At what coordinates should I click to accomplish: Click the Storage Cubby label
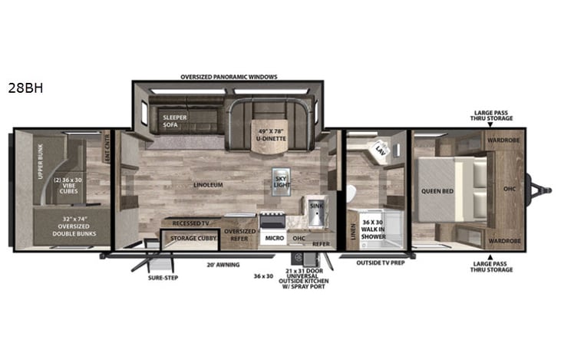(x=190, y=239)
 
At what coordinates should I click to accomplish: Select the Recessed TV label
(x=192, y=223)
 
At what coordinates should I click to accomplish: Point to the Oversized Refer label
(x=239, y=235)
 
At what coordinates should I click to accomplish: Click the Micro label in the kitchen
(x=275, y=239)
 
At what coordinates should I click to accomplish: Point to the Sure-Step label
(x=163, y=277)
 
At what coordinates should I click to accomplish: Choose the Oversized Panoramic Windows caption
(x=228, y=78)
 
